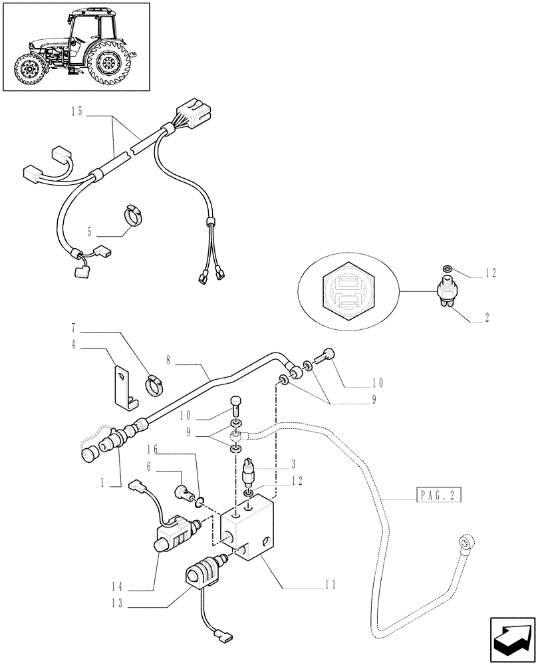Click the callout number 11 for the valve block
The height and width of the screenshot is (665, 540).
click(330, 585)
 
